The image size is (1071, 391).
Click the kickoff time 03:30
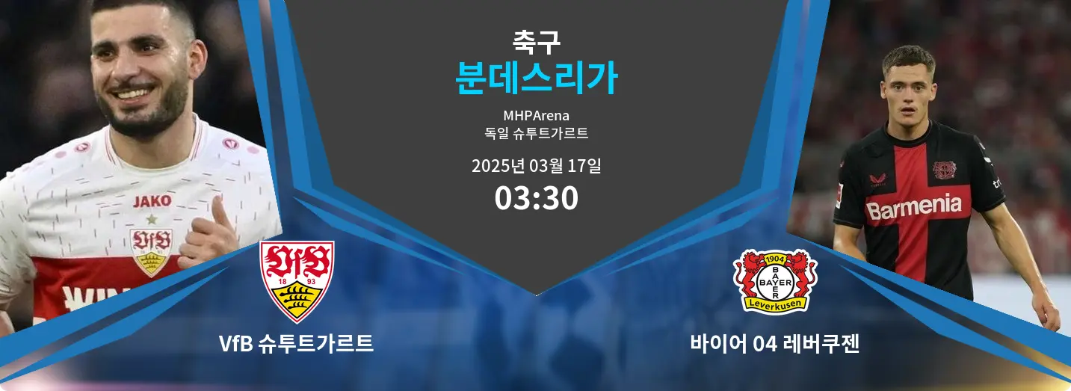click(x=536, y=198)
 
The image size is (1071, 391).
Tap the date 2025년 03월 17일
click(x=536, y=166)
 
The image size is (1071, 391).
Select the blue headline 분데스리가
click(x=536, y=78)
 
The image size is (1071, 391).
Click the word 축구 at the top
click(x=536, y=42)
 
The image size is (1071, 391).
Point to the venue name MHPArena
click(x=536, y=116)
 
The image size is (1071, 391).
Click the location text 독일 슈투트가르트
click(x=536, y=133)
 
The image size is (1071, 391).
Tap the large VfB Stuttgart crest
click(x=297, y=281)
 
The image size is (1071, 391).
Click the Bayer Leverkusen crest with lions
click(x=775, y=282)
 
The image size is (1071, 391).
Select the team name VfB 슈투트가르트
click(x=296, y=343)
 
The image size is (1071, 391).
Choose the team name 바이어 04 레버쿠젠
click(x=774, y=343)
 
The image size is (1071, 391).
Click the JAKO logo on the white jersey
click(x=152, y=201)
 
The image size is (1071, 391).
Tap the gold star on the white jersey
click(x=152, y=219)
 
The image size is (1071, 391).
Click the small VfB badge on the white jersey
click(x=151, y=252)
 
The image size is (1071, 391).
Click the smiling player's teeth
click(x=135, y=93)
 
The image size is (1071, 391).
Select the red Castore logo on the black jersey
click(x=877, y=179)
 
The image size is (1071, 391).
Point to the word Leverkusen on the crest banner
click(x=775, y=304)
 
